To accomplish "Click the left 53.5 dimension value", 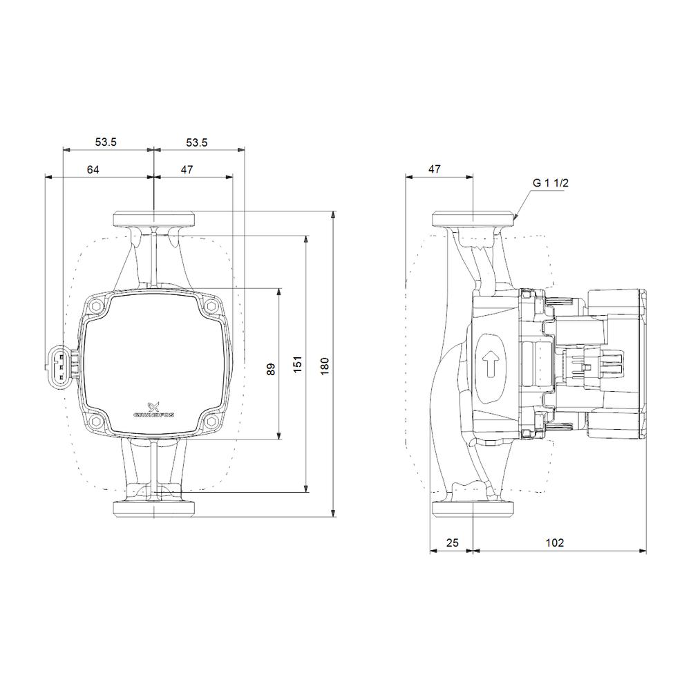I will pyautogui.click(x=106, y=142).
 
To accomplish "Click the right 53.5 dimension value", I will pyautogui.click(x=196, y=142).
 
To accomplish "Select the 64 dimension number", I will pyautogui.click(x=93, y=169).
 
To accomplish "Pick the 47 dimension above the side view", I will pyautogui.click(x=435, y=169).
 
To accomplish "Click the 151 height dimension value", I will pyautogui.click(x=298, y=365).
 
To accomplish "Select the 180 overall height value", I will pyautogui.click(x=325, y=365).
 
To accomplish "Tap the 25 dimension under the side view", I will pyautogui.click(x=452, y=542).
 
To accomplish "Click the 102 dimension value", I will pyautogui.click(x=554, y=542).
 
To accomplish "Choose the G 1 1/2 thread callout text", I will pyautogui.click(x=550, y=183).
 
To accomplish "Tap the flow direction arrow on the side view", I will pyautogui.click(x=491, y=364).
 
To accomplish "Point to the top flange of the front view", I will pyautogui.click(x=153, y=220).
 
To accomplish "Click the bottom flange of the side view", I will pyautogui.click(x=473, y=509).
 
